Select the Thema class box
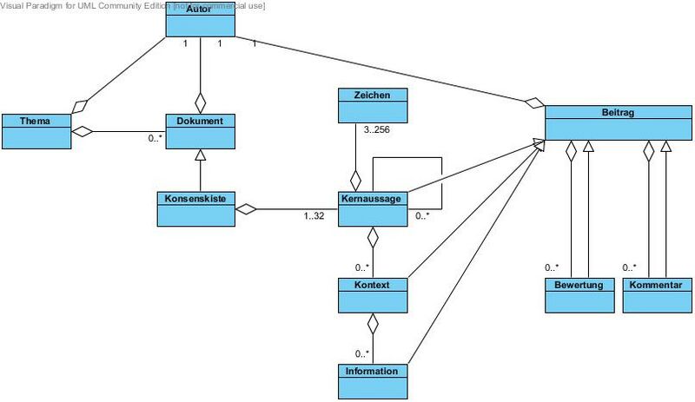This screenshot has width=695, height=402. coord(36,130)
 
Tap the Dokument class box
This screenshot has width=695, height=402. coord(200,130)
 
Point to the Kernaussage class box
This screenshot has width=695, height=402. coord(372,208)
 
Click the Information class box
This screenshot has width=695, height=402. coord(372,380)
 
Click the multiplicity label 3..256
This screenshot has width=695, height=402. coord(376,131)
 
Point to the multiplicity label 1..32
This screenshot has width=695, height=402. coord(314,216)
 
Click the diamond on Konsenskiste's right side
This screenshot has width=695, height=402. coord(247,208)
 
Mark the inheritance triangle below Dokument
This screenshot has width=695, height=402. coord(201,155)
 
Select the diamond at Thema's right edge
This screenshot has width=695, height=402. coord(83,132)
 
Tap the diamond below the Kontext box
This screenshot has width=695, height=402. coord(373,324)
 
